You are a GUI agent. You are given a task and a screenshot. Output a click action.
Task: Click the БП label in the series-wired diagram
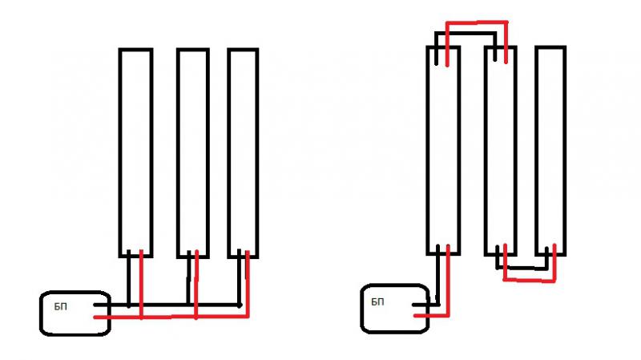378,302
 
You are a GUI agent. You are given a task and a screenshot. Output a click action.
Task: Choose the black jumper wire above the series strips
465,33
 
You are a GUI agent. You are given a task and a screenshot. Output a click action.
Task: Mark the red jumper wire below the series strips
529,280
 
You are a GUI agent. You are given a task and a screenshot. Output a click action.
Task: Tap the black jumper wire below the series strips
524,267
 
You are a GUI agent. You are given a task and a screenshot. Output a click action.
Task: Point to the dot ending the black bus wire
240,305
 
